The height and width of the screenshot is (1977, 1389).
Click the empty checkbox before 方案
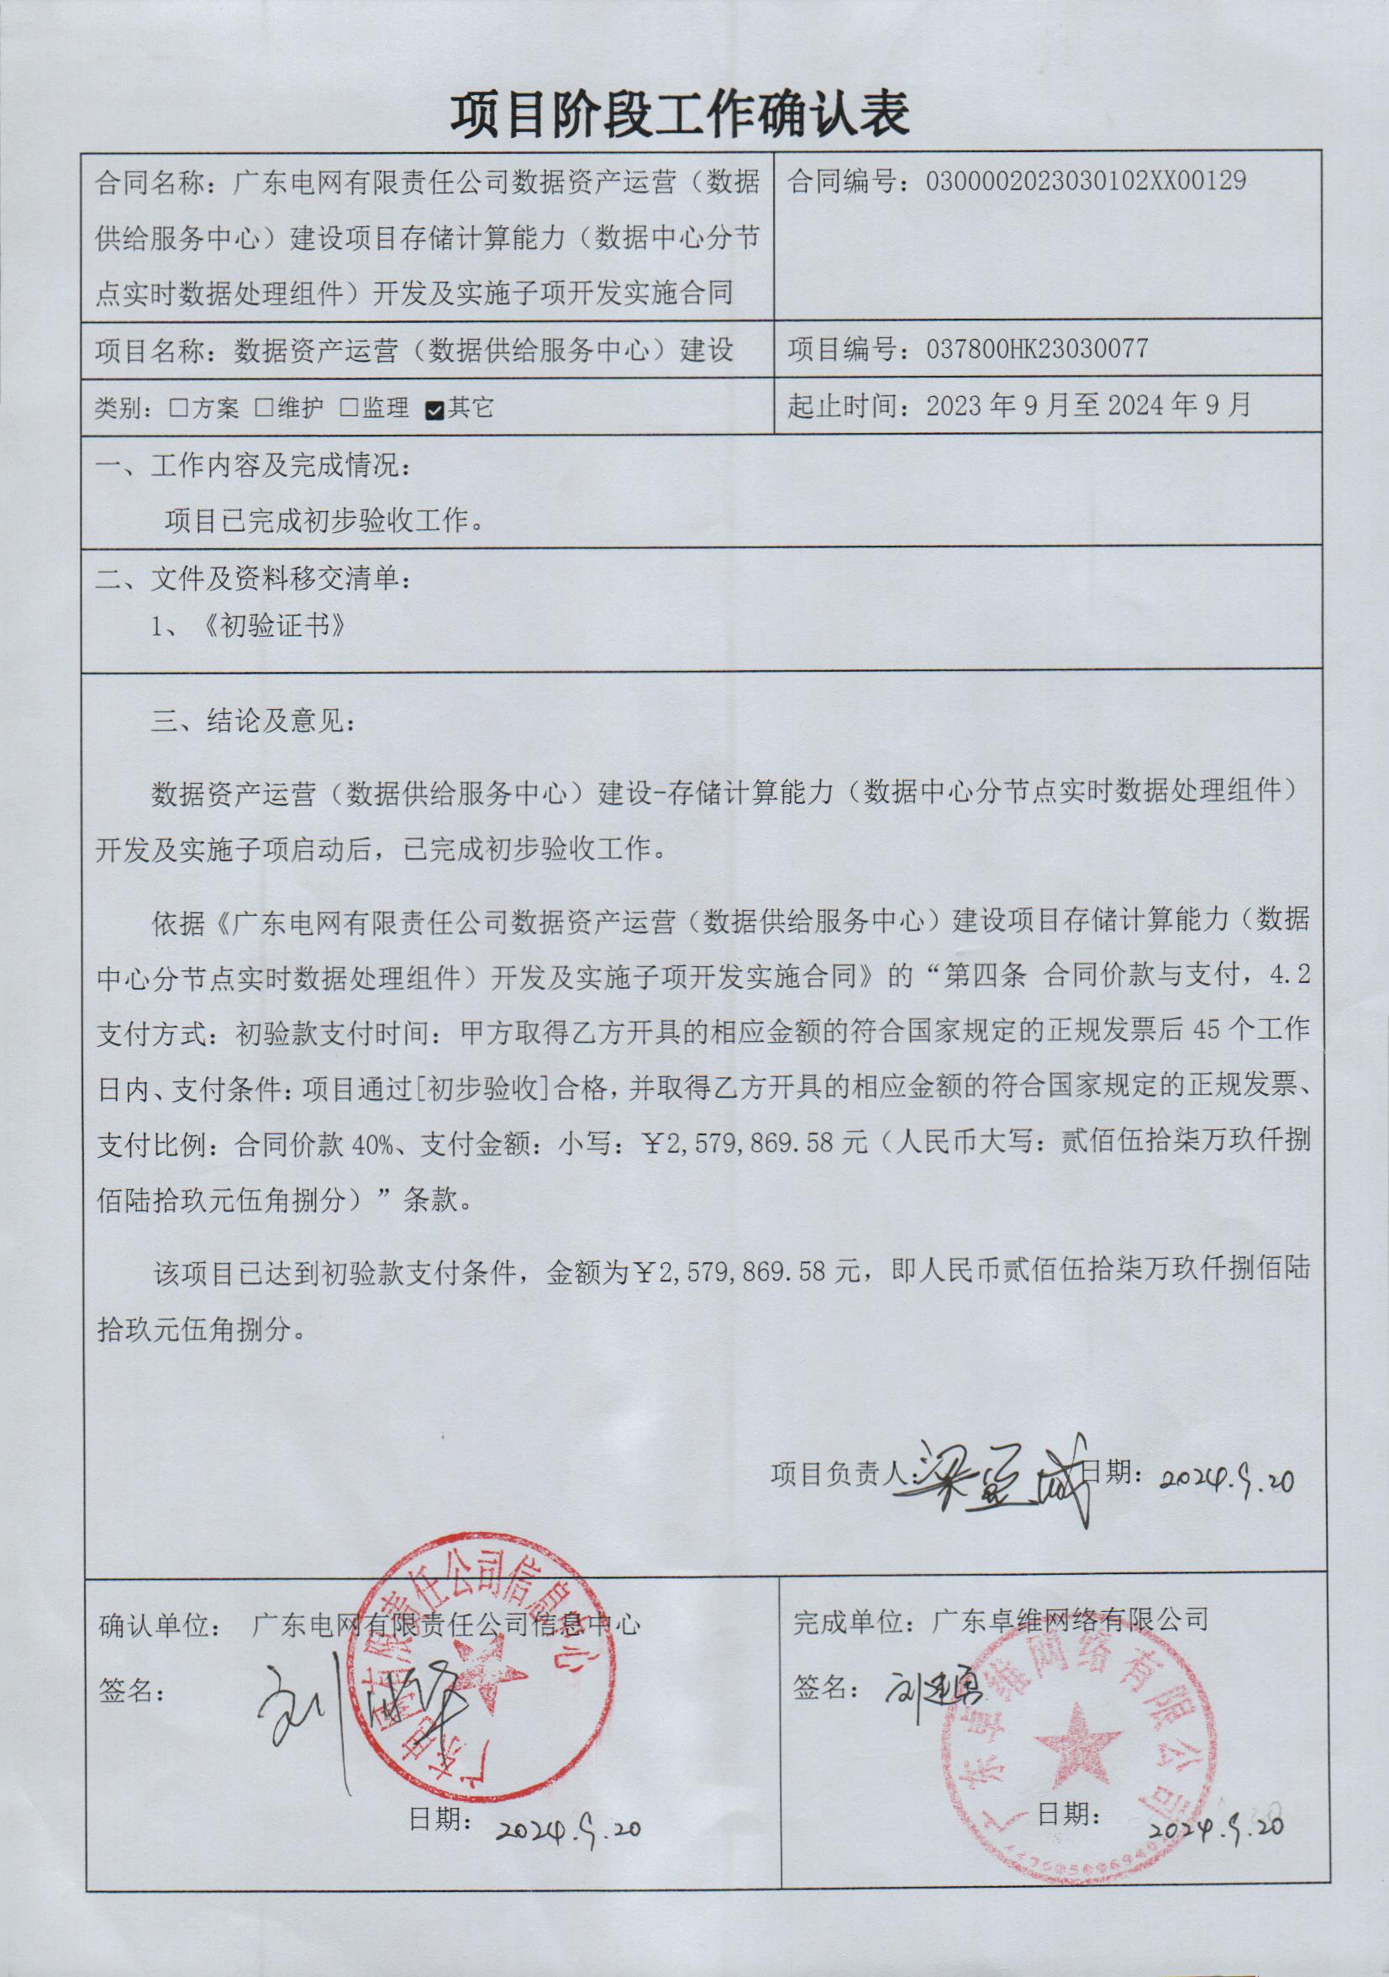tap(178, 409)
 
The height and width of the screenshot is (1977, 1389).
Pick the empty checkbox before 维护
tap(263, 409)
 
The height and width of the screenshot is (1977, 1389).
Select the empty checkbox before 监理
tap(348, 409)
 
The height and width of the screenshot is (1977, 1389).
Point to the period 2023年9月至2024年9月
tap(1088, 405)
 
